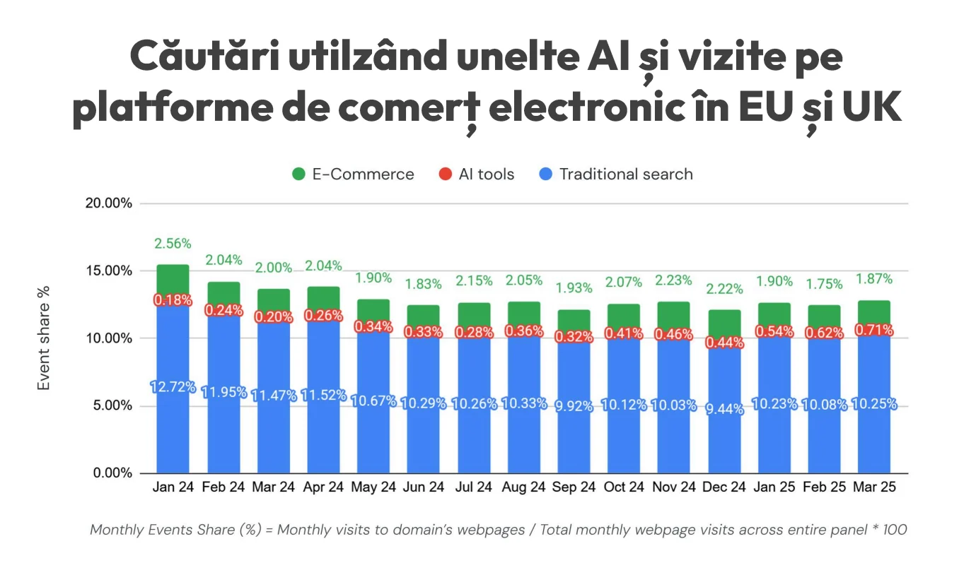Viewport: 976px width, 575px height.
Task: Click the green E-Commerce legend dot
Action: (x=298, y=174)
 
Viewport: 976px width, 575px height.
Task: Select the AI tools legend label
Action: (x=486, y=174)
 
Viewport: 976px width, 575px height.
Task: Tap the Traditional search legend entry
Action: (x=625, y=174)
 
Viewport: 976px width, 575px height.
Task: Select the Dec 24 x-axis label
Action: (x=724, y=487)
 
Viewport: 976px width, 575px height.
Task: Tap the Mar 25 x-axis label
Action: (x=875, y=487)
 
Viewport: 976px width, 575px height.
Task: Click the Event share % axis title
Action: (x=44, y=338)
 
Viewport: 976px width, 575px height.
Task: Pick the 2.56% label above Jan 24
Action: (x=173, y=244)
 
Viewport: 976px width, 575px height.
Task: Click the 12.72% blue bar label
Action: (x=173, y=387)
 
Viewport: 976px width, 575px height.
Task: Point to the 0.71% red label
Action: (x=875, y=330)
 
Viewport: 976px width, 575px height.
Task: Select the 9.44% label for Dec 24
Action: (x=724, y=408)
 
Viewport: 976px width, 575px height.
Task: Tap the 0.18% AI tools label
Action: (x=173, y=300)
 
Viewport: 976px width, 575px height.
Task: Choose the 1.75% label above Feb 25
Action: (x=825, y=284)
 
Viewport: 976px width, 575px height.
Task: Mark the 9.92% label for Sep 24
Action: (x=573, y=406)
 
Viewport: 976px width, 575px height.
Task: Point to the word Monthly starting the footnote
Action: (x=118, y=530)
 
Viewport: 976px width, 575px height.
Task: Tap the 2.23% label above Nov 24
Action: (x=673, y=280)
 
